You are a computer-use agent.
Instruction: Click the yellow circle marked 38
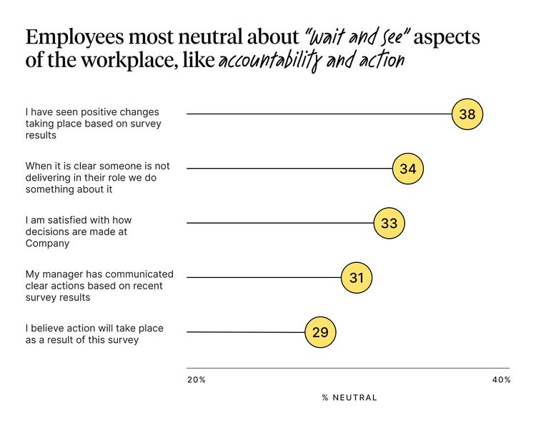[x=467, y=114]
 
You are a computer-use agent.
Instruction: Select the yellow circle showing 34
[x=408, y=169]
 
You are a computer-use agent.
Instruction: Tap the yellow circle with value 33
[x=389, y=223]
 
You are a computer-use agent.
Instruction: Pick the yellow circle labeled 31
[x=357, y=277]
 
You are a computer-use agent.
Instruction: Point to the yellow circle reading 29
[x=320, y=332]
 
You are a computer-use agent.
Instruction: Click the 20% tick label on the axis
[x=197, y=380]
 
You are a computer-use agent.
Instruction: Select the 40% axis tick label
[x=501, y=380]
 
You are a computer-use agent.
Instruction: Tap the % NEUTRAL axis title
[x=349, y=397]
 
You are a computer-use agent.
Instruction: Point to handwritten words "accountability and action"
[x=311, y=61]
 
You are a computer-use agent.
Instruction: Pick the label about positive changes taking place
[x=93, y=123]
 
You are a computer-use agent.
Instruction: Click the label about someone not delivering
[x=97, y=178]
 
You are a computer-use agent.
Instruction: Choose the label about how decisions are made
[x=79, y=232]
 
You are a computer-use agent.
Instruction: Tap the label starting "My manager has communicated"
[x=99, y=286]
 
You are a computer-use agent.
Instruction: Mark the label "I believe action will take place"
[x=94, y=334]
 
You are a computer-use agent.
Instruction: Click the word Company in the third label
[x=47, y=243]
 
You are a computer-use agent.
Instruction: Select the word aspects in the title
[x=447, y=38]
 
